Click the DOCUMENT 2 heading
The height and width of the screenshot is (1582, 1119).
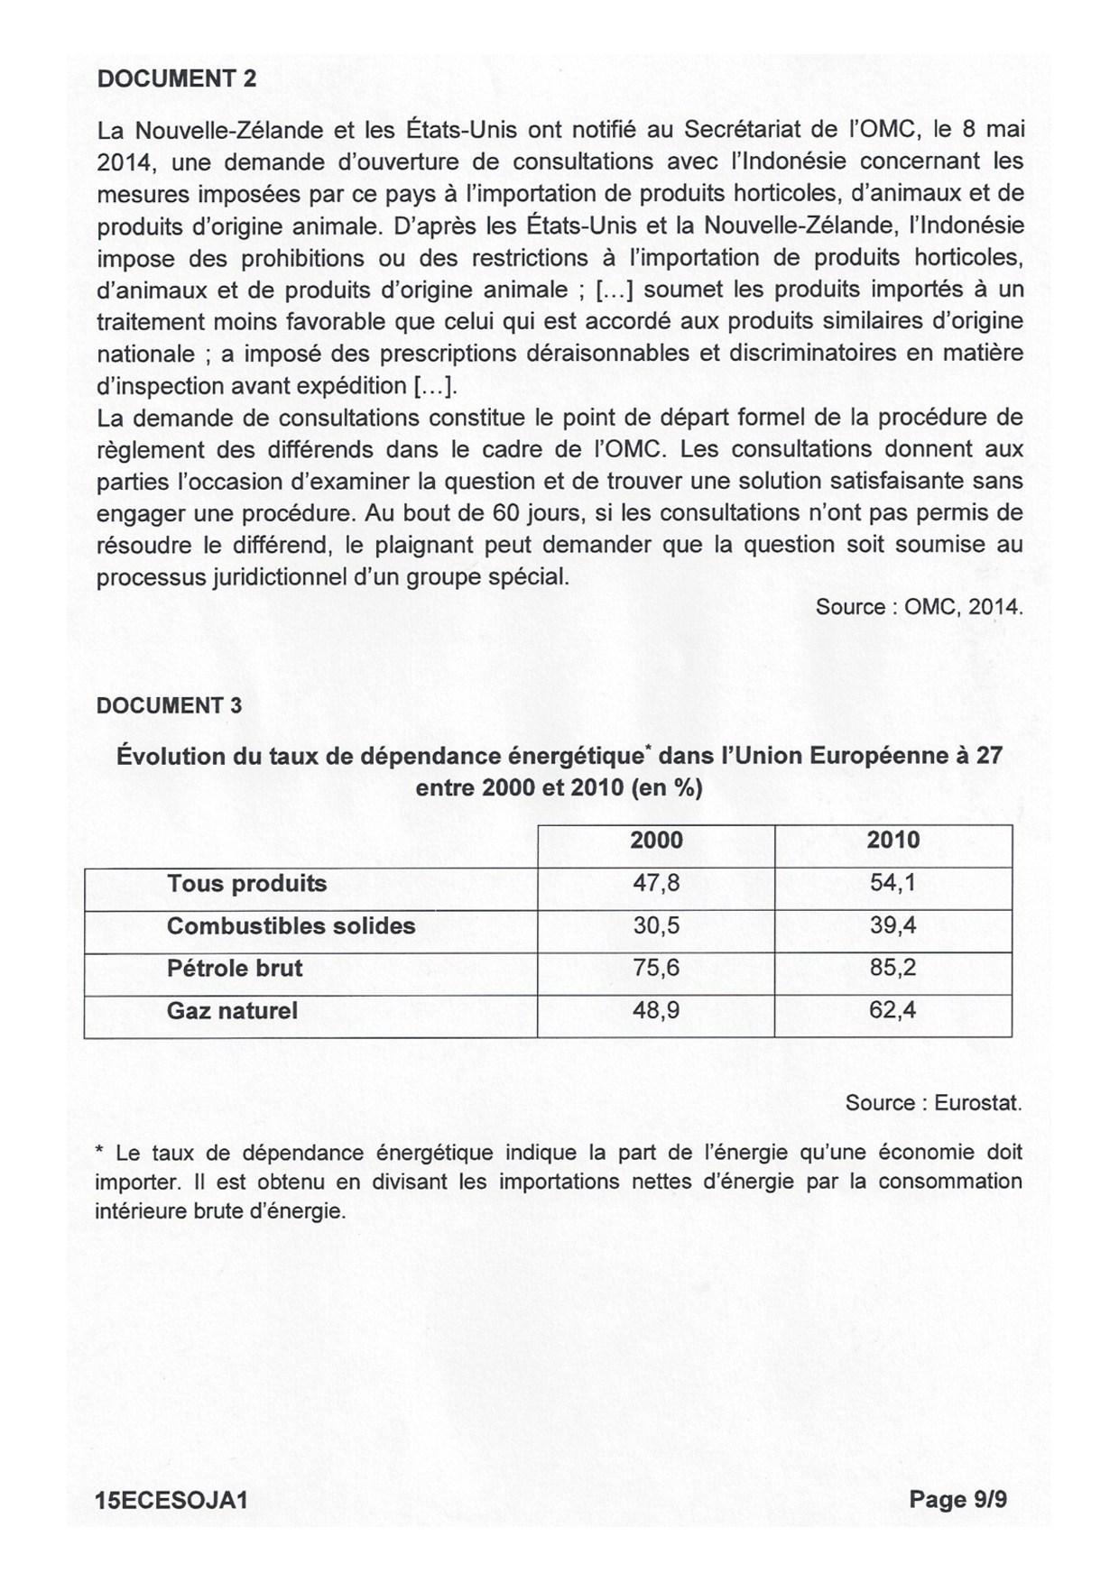click(x=176, y=78)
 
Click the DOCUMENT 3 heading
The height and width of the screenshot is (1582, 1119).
click(x=169, y=705)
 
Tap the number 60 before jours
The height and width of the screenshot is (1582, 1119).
click(x=506, y=513)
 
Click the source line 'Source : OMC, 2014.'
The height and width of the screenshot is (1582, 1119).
click(x=919, y=607)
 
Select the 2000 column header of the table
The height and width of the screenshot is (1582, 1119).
click(x=656, y=841)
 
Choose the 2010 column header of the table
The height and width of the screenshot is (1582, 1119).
click(x=892, y=841)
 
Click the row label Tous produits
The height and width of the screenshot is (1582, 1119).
click(x=246, y=883)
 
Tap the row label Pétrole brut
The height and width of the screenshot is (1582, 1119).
click(x=235, y=969)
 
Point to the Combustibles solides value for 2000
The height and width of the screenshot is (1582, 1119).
click(x=656, y=926)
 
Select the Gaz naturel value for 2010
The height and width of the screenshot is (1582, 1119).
click(x=892, y=1011)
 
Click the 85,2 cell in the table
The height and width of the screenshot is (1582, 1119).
click(x=892, y=969)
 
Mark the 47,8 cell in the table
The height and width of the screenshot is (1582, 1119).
click(x=656, y=883)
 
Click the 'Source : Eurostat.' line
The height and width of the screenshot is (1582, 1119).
click(x=933, y=1103)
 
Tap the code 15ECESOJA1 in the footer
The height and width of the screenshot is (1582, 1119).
click(x=171, y=1500)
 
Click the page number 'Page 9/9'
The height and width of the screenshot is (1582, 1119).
click(x=957, y=1499)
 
